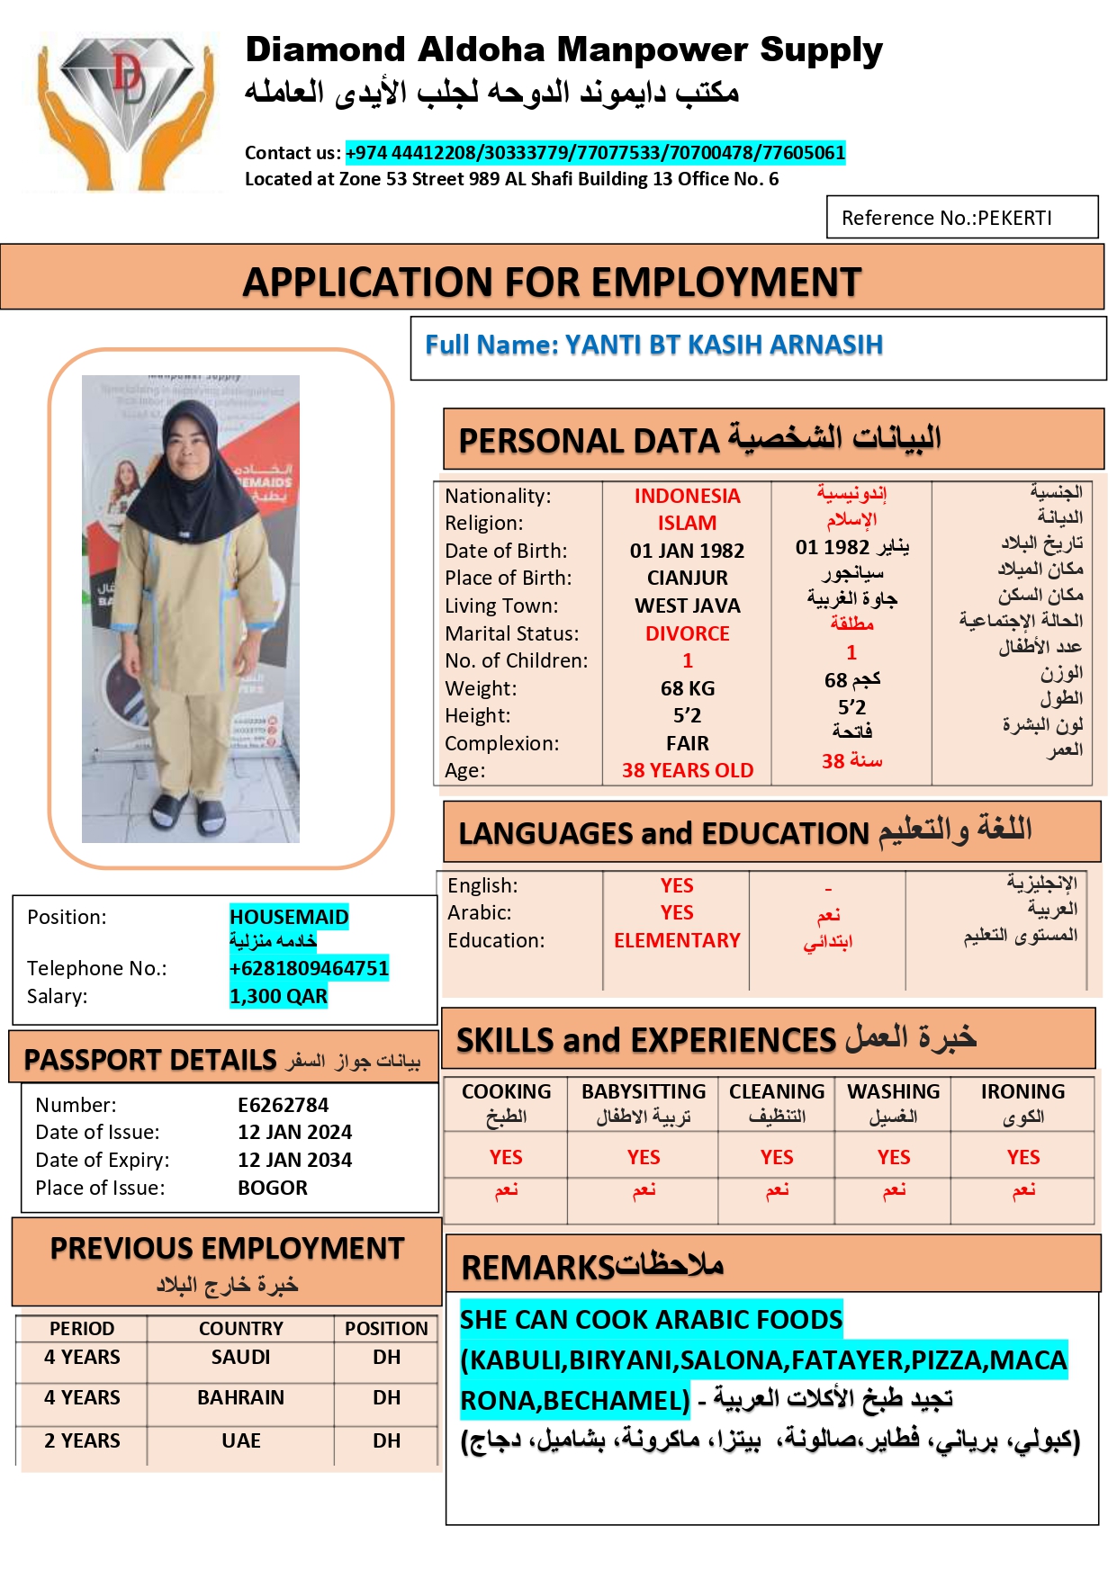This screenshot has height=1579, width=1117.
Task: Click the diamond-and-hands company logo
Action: point(127,110)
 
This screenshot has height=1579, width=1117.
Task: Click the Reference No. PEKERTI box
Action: point(961,218)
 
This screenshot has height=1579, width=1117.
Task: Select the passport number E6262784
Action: point(283,1105)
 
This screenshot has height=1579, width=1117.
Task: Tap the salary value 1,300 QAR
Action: point(278,996)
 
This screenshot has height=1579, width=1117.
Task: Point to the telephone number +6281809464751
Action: point(309,968)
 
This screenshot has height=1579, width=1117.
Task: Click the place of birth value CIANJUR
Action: point(687,578)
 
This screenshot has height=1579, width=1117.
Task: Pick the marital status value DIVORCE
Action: point(687,633)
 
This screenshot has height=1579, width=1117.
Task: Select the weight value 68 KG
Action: point(687,688)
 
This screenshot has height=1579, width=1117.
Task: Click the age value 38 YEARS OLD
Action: point(687,770)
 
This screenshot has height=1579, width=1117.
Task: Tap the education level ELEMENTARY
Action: point(676,940)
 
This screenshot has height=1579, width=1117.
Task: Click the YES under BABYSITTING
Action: point(643,1157)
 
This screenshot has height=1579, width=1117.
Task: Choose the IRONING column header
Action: point(1022,1091)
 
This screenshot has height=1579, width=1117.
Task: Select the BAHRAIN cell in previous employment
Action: point(240,1397)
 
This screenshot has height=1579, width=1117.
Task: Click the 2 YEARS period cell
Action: point(82,1440)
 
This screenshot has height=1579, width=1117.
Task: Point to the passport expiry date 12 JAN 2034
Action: point(294,1160)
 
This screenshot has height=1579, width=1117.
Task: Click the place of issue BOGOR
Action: point(272,1188)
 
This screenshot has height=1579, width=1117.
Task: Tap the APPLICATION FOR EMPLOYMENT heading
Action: point(552,283)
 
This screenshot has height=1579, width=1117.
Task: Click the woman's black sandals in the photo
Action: point(188,813)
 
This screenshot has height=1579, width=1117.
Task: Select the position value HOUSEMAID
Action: point(288,917)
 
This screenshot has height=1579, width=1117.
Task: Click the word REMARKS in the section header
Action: point(537,1268)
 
